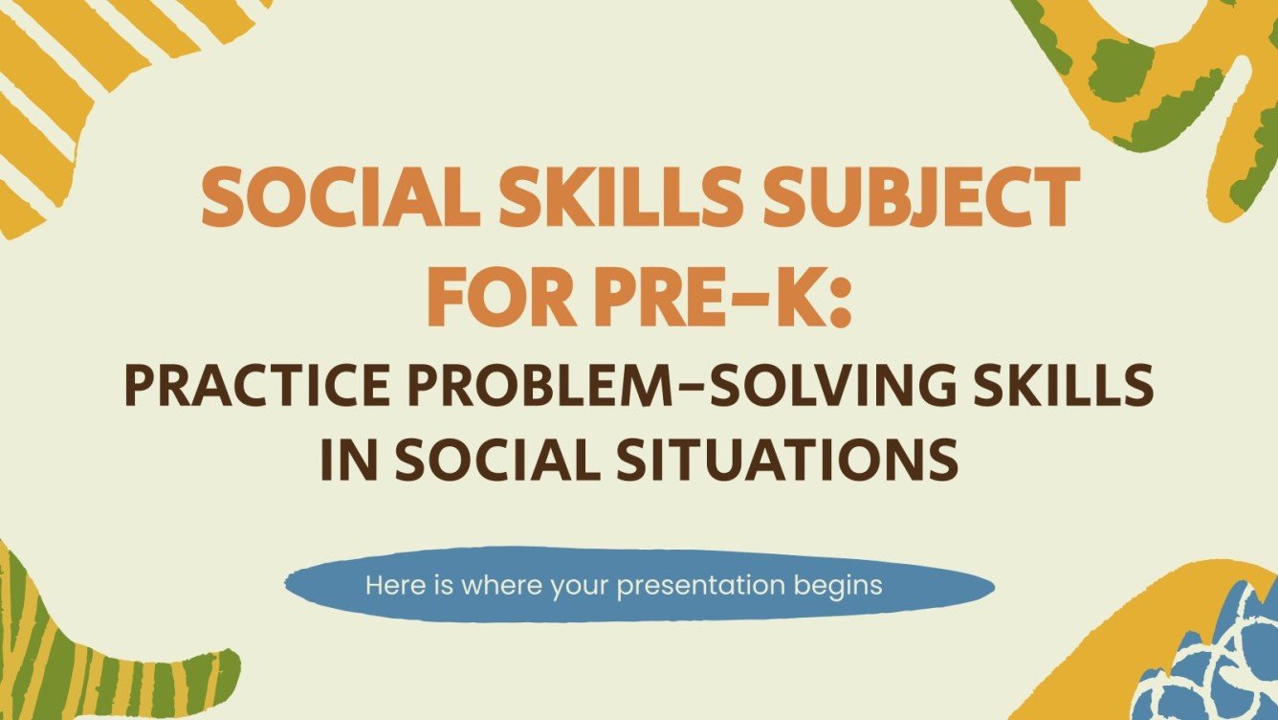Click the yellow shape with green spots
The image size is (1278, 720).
point(1157,77)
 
